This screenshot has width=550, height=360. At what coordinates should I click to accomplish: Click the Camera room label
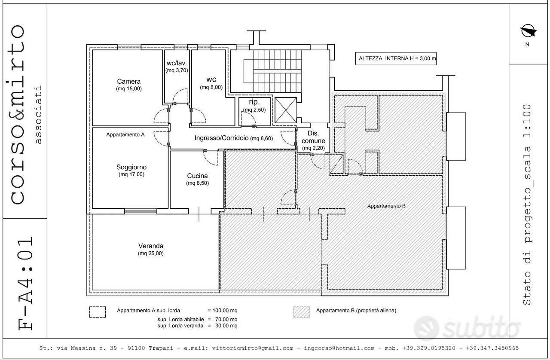[x=128, y=81]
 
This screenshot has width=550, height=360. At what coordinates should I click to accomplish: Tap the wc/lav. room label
[x=177, y=63]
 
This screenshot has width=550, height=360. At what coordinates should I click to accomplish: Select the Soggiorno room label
[x=131, y=167]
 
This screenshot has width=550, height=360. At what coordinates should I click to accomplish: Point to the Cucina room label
[x=197, y=176]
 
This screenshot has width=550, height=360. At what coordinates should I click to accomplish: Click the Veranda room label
[x=151, y=246]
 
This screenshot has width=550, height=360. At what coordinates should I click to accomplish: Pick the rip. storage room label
[x=254, y=102]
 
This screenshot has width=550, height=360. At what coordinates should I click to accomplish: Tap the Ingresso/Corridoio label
[x=221, y=138]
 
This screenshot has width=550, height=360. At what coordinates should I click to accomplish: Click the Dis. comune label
[x=313, y=137]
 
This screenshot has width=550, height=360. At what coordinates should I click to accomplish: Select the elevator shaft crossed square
[x=286, y=110]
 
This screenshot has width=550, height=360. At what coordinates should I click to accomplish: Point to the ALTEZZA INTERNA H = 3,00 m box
[x=396, y=58]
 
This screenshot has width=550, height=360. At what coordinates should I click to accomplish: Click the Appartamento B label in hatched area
[x=386, y=206]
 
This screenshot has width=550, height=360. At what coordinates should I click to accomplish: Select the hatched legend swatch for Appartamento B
[x=302, y=312]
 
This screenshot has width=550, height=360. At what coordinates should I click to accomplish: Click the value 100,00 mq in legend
[x=225, y=311]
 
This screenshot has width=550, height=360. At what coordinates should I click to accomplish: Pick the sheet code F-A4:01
[x=25, y=284]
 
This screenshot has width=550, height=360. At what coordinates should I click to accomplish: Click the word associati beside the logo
[x=38, y=114]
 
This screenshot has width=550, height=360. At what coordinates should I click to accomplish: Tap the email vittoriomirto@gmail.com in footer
[x=253, y=348]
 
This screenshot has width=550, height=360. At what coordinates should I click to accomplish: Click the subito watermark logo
[x=467, y=328]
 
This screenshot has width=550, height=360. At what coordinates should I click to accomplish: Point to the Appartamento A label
[x=125, y=134]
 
